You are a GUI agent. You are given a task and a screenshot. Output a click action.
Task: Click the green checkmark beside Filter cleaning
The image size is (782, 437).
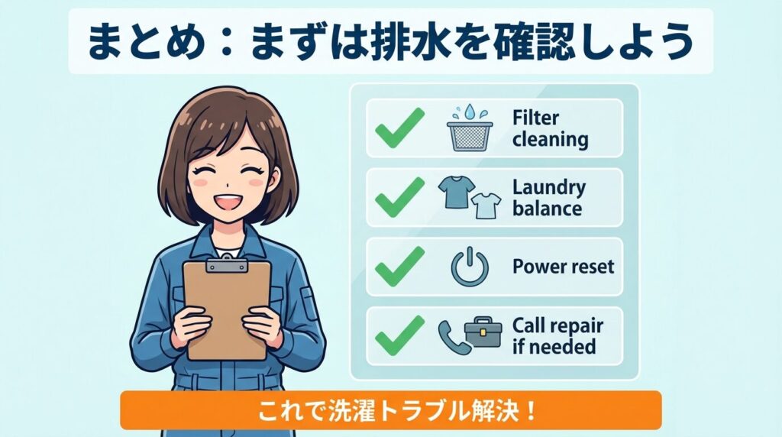pos(399,128)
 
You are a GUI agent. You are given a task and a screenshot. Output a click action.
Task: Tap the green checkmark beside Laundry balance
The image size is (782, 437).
pos(399,197)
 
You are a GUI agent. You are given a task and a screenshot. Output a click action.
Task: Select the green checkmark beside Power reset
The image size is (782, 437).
pos(399,267)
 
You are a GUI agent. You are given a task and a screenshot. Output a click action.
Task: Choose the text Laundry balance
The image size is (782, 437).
pos(548,198)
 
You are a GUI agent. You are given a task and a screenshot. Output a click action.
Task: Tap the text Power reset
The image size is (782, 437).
pos(563,267)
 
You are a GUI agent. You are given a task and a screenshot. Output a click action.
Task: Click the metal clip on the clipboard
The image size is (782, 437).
pos(227,265)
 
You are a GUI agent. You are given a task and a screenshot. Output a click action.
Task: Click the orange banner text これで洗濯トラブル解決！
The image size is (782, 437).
pos(390,411)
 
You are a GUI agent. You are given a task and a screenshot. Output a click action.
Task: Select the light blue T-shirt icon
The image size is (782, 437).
pos(486,205)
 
